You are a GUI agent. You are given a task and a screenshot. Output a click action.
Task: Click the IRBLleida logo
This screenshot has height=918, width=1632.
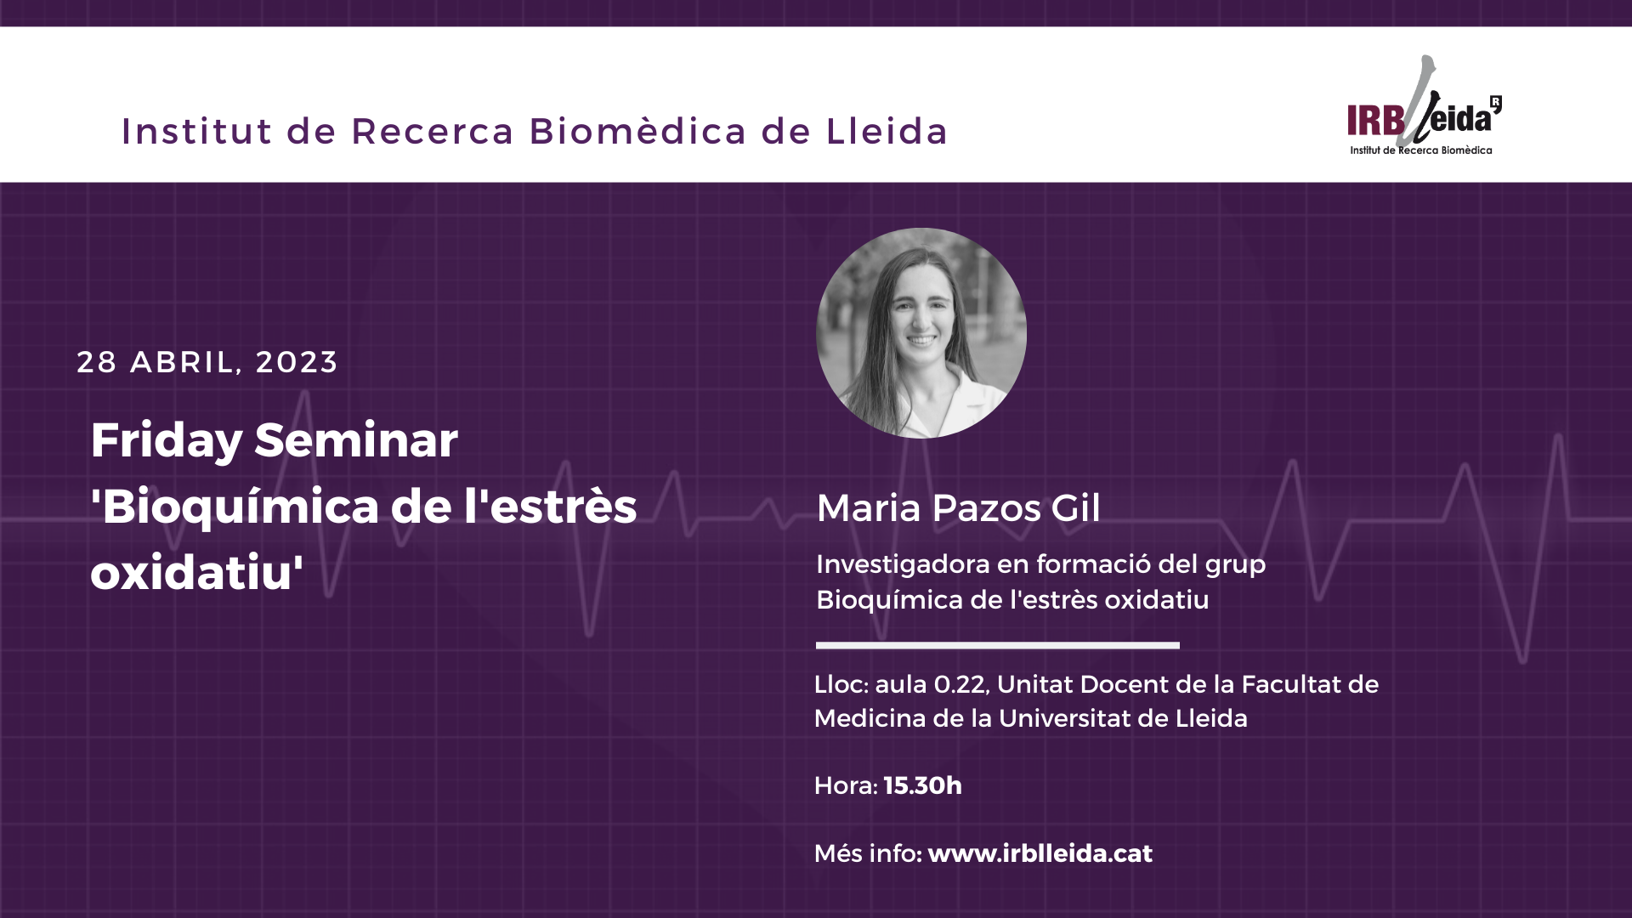pyautogui.click(x=1425, y=106)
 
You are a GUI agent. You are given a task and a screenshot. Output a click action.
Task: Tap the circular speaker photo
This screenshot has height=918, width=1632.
pyautogui.click(x=921, y=333)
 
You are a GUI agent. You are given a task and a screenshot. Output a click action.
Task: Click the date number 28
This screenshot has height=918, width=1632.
pyautogui.click(x=97, y=362)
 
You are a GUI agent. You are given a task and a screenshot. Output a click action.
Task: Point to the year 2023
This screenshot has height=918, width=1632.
pyautogui.click(x=297, y=362)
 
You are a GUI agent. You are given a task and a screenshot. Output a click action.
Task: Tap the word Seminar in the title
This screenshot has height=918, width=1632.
pyautogui.click(x=356, y=440)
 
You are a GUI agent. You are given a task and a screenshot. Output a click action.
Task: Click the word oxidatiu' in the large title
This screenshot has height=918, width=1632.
pyautogui.click(x=197, y=572)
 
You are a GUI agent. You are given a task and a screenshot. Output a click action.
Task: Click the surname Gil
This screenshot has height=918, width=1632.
pyautogui.click(x=1075, y=508)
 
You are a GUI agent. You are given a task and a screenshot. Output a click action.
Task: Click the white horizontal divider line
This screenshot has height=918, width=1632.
pyautogui.click(x=998, y=645)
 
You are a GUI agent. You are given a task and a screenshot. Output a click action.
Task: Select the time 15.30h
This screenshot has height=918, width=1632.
pyautogui.click(x=923, y=785)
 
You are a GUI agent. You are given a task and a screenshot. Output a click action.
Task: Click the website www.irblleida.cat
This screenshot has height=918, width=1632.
pyautogui.click(x=1040, y=853)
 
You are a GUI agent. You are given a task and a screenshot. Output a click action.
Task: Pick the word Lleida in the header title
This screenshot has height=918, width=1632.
pyautogui.click(x=887, y=131)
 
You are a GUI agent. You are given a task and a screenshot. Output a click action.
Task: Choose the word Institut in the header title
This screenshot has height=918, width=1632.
pyautogui.click(x=197, y=131)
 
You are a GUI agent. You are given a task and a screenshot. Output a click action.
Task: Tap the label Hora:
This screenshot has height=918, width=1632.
pyautogui.click(x=846, y=785)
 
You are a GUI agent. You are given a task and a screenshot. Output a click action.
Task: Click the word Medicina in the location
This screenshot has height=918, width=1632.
pyautogui.click(x=870, y=719)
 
